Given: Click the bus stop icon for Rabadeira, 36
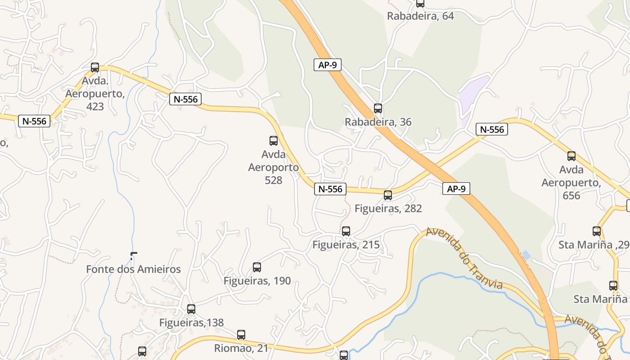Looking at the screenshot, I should tap(378, 108).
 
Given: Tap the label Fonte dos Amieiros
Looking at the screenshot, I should tap(133, 270).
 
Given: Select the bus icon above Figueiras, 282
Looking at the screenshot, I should tap(388, 195).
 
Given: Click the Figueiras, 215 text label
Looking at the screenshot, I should tap(346, 245).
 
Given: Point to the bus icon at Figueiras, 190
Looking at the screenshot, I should tap(257, 267).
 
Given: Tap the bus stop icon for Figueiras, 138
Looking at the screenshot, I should tap(191, 309).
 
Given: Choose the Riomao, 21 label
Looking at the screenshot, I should tap(241, 348).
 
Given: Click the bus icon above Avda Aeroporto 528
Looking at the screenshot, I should tap(274, 141).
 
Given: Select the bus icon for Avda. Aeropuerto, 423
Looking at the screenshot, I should tap(95, 67).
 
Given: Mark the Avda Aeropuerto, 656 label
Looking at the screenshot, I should tap(571, 183).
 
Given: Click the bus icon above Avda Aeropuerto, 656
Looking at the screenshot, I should tap(571, 156).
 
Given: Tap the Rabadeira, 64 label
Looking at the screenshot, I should tap(420, 16).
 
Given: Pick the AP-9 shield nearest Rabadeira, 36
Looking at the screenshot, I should tap(328, 65).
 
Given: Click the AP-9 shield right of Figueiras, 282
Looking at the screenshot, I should tap(456, 189).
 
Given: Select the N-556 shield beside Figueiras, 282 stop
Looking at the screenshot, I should tap(330, 189).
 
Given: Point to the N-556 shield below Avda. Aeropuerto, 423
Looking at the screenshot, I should tap(34, 121).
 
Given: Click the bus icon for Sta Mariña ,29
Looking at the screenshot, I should tap(597, 231).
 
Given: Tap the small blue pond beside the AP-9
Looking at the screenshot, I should tap(526, 255).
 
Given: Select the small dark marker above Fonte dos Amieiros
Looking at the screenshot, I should tap(132, 256).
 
